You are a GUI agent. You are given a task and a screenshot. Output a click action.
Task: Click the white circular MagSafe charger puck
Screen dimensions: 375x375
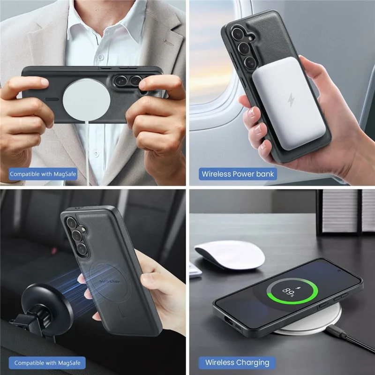point(86,99)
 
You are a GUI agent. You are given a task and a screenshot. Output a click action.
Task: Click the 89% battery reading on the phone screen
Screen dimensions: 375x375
point(287,291)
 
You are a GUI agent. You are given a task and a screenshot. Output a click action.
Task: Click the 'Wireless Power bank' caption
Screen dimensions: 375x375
point(238,174)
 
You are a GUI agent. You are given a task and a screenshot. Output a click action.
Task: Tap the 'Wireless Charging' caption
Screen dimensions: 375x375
point(237,362)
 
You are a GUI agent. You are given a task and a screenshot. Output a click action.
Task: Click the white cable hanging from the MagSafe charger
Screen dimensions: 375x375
point(88,150)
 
